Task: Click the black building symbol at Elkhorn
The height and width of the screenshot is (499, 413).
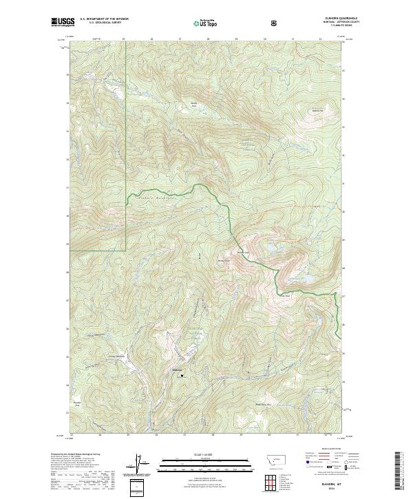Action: tap(183, 376)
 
